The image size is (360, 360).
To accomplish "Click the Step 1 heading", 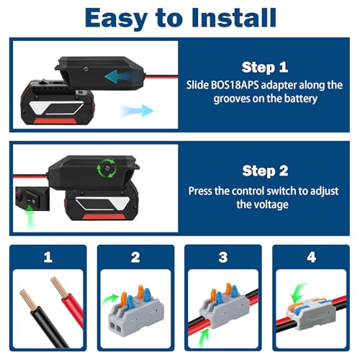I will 265,67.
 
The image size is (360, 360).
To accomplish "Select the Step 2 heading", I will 265,171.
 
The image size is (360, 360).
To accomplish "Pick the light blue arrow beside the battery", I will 138,110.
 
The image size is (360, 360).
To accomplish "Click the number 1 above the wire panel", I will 48,256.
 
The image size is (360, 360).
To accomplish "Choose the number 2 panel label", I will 135,256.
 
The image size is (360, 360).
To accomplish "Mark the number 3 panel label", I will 223,256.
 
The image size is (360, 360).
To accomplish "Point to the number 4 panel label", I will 310,256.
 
